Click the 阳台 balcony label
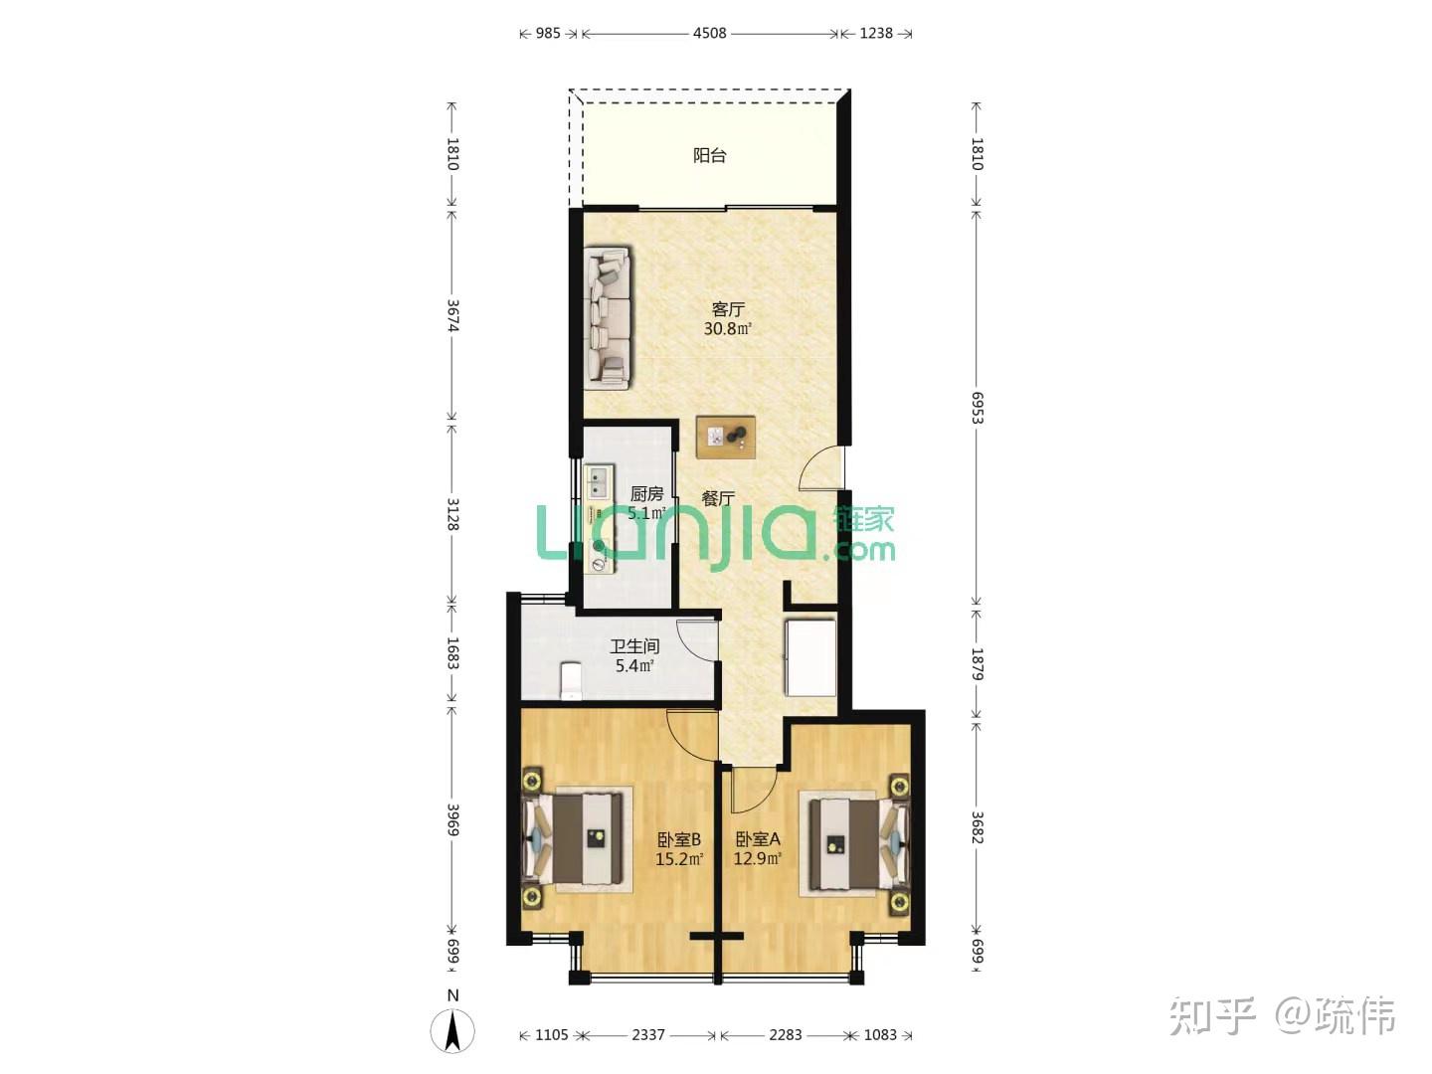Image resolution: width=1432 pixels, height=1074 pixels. click(709, 156)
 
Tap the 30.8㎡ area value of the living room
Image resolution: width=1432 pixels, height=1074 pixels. click(727, 328)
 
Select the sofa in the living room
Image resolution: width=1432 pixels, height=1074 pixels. click(608, 317)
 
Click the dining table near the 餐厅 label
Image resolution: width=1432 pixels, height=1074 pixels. click(726, 437)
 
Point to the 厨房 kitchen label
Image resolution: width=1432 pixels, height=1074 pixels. click(646, 493)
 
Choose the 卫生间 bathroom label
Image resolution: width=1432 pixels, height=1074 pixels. click(634, 646)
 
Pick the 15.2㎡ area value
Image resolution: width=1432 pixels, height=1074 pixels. click(679, 859)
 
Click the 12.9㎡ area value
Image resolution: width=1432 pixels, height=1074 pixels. click(758, 858)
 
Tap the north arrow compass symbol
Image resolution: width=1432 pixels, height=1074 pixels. click(452, 1030)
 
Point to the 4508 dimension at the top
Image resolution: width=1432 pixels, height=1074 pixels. click(709, 33)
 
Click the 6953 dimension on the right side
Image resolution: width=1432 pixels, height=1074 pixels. click(977, 408)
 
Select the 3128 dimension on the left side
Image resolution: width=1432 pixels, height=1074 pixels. click(452, 514)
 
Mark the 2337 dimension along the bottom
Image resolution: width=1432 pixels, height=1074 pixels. click(647, 1035)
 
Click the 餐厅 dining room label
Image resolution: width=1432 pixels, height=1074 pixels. click(718, 499)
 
